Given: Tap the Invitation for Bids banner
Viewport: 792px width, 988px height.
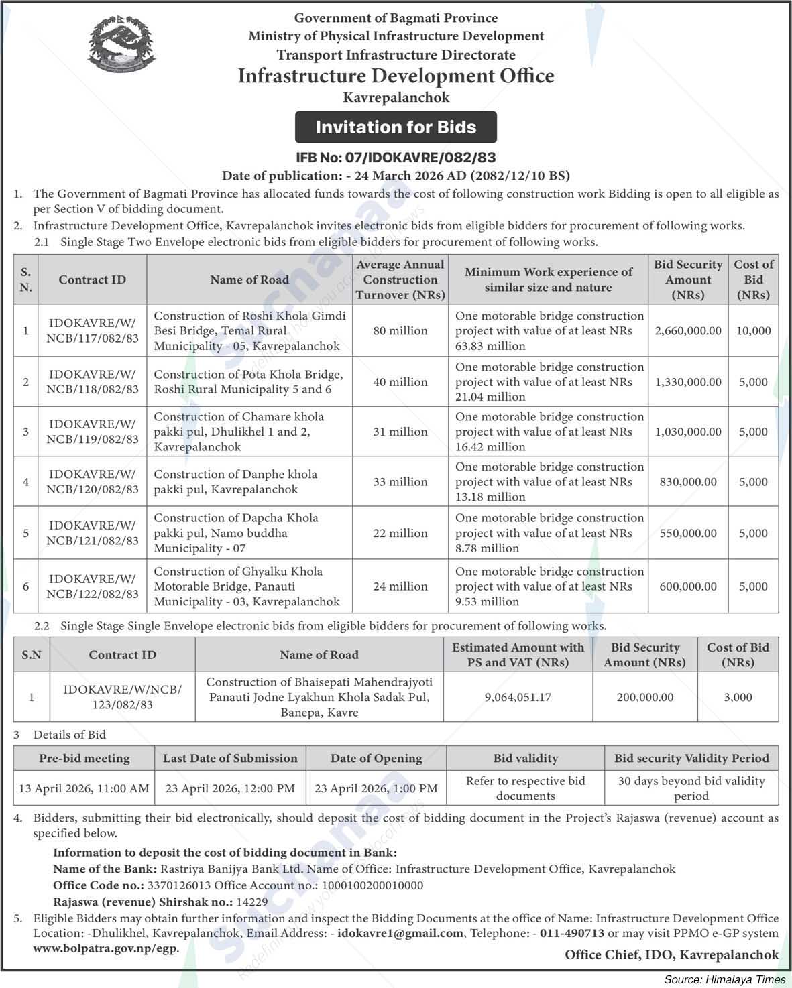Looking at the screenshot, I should [x=396, y=127].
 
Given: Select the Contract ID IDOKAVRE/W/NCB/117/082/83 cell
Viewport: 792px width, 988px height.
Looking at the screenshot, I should [x=93, y=330].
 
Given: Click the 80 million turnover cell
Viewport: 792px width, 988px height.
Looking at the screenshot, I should [x=400, y=330].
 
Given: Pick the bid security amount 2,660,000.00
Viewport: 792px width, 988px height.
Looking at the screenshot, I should [x=688, y=330].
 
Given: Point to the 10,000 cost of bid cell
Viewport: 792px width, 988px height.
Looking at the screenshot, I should [x=753, y=330].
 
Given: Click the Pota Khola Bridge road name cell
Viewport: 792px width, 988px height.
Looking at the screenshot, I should [x=249, y=382].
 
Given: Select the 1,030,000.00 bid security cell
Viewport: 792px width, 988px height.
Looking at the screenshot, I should [x=688, y=432].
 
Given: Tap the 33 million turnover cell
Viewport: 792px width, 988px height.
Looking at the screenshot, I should [x=400, y=481].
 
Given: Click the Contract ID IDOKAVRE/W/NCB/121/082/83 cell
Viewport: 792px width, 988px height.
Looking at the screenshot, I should [x=93, y=533].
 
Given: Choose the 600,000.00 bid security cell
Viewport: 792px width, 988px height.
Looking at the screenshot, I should [x=688, y=586].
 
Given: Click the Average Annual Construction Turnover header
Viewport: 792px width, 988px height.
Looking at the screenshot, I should [x=400, y=280].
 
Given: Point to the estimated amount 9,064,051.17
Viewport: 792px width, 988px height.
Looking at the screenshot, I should [x=518, y=697].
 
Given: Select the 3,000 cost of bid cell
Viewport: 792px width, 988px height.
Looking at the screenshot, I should [x=738, y=697].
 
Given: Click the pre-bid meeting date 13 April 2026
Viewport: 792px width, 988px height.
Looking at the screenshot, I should [x=84, y=788].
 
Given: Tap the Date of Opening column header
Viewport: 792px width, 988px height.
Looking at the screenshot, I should [x=376, y=759].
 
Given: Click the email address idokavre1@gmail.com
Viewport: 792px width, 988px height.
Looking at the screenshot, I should [x=400, y=933].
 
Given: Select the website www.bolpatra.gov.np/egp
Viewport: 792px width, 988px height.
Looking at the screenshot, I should [x=106, y=949].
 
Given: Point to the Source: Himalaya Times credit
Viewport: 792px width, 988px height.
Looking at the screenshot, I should [x=724, y=979].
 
